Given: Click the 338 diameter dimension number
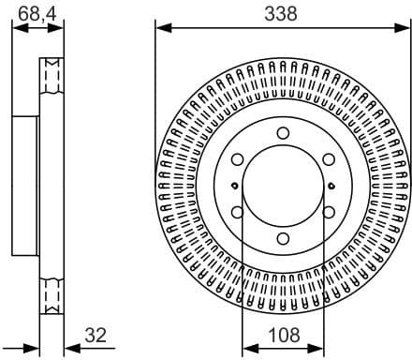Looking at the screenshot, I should point(281,13).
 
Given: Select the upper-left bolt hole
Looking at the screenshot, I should point(238,160).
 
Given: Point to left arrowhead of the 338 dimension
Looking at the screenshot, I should point(160,27).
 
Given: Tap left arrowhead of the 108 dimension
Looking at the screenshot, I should point(247,347).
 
